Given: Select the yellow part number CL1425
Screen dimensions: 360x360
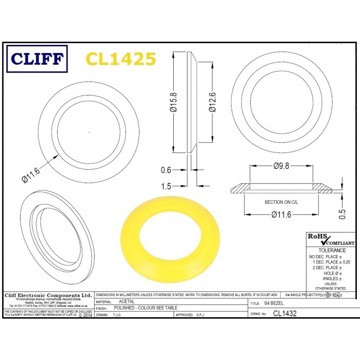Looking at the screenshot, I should tap(121, 59).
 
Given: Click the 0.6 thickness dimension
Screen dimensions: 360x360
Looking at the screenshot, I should tap(166, 170).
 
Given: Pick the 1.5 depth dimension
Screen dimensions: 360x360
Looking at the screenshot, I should tap(166, 185).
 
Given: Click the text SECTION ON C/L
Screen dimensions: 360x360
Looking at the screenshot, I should tap(281, 202).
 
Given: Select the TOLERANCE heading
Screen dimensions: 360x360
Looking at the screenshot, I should tap(332, 250).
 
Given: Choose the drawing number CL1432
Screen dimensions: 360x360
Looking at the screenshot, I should tap(285, 314).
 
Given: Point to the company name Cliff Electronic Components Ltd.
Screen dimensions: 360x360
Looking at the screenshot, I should tap(48, 295).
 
